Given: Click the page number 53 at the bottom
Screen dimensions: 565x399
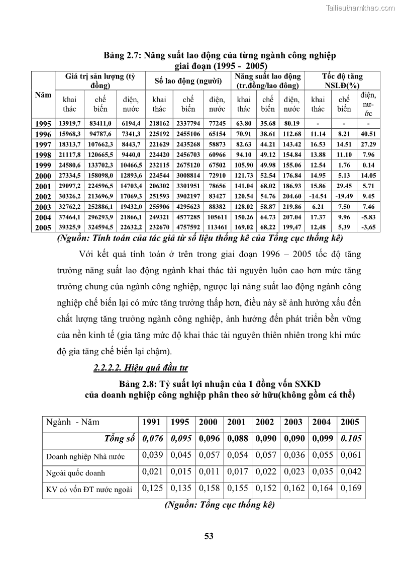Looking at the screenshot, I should point(209,536).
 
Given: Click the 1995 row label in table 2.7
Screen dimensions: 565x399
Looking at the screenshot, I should point(43,124).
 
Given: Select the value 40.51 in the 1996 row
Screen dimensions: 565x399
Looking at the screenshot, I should point(368,134).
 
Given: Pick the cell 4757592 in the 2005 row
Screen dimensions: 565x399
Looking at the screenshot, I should point(188,227).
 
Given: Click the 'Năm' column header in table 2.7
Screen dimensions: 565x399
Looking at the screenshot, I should point(43,95).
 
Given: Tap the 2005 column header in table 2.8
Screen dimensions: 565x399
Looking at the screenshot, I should point(350,422).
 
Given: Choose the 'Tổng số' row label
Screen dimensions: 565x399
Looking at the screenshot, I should point(119,439).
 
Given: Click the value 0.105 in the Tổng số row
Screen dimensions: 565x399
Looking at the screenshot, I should point(350,439).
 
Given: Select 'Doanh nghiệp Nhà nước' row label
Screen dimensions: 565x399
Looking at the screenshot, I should point(85,457).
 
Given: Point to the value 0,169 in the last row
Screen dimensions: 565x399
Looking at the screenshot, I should point(350,488).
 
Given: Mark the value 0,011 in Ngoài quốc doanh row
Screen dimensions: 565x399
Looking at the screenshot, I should point(208,472).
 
